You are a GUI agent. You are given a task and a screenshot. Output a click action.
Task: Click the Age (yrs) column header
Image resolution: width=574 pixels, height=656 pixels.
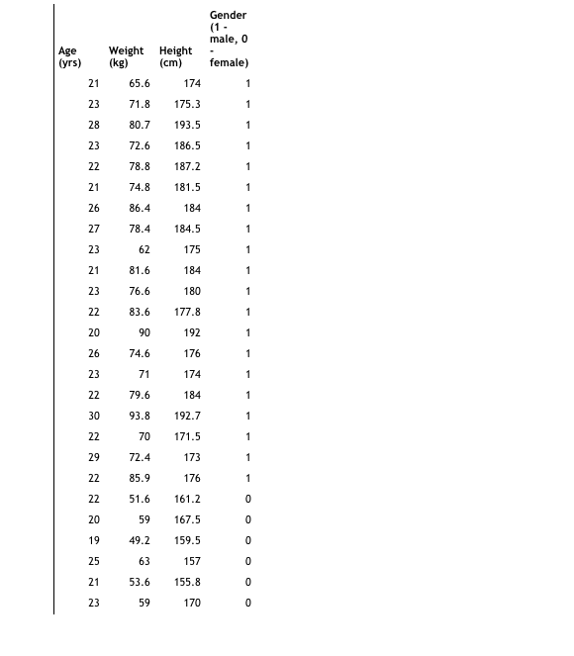point(69,56)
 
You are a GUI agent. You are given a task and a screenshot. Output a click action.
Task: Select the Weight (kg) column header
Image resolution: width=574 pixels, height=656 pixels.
point(126,56)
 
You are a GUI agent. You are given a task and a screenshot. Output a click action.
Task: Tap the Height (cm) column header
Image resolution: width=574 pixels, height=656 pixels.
point(176,56)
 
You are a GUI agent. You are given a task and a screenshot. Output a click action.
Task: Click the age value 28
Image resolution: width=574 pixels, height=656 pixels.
point(94,125)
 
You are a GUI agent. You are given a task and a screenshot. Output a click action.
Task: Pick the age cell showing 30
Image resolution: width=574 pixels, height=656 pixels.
point(94,416)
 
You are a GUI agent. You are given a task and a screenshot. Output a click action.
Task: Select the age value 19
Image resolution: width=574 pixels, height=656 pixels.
point(94,540)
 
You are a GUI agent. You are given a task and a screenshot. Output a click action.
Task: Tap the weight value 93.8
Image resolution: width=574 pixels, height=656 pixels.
point(140,416)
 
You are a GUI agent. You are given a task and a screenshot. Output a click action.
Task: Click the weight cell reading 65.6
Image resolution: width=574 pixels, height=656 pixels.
point(140,83)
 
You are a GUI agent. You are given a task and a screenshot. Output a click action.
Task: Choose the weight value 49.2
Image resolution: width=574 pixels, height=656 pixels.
point(140,540)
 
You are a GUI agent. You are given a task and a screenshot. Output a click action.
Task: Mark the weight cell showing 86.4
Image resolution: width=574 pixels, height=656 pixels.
point(140,208)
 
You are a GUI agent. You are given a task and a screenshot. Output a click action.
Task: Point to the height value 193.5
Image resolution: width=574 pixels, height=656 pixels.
point(187,125)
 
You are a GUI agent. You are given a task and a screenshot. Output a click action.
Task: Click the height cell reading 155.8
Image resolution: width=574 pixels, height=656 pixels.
point(187,582)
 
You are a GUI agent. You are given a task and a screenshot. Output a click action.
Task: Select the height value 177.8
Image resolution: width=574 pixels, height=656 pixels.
point(187,312)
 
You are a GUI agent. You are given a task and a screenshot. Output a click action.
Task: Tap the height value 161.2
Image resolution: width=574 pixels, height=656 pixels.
point(187,499)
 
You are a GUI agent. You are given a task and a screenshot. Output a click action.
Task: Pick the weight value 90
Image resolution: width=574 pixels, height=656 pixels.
point(144,332)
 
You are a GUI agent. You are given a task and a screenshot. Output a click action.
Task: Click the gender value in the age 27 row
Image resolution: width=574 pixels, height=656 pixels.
point(248,229)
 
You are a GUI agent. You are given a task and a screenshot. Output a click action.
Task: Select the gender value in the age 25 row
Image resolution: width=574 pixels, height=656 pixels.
point(248,561)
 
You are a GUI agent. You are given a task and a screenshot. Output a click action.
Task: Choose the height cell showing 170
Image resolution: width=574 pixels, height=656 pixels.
point(192,603)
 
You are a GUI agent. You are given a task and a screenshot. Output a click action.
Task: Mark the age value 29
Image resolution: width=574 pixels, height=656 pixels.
point(94,457)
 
